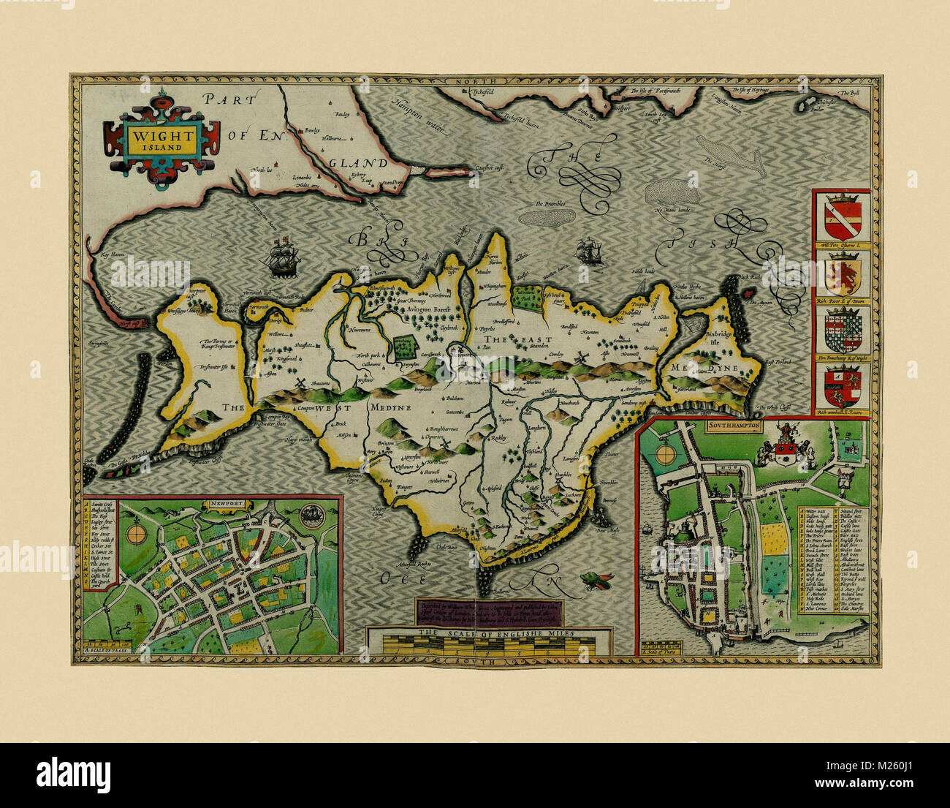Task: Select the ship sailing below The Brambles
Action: coord(589,252)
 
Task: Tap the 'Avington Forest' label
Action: coord(429,309)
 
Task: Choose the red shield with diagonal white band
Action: coord(842,218)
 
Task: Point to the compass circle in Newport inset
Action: coord(136,535)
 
